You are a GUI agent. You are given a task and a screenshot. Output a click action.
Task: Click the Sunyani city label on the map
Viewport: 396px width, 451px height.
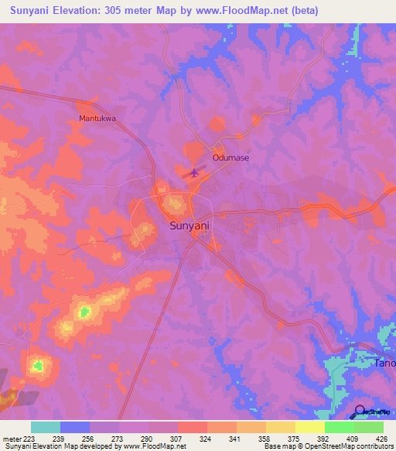click(189, 225)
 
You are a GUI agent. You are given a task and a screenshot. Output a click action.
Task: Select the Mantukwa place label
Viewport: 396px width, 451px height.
click(97, 119)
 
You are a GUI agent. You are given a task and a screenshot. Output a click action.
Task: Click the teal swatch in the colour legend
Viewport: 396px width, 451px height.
click(46, 427)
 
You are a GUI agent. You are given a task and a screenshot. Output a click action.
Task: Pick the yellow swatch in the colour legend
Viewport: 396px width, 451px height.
click(309, 427)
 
